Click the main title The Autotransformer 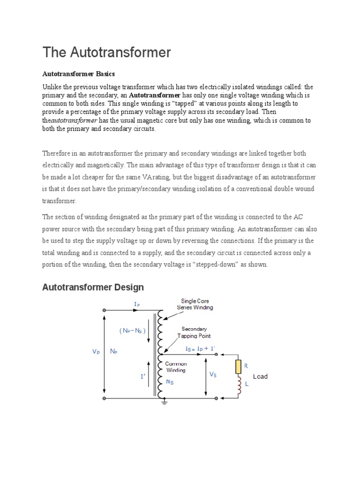(x=107, y=52)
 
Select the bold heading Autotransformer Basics (x=78, y=74)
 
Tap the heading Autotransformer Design (x=93, y=287)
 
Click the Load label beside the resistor (x=260, y=376)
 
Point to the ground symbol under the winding (x=165, y=403)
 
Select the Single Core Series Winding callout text (x=195, y=304)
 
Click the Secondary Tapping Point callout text (x=194, y=332)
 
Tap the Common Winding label (x=176, y=367)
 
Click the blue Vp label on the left (x=96, y=351)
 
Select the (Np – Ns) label (x=133, y=330)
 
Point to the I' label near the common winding (x=142, y=376)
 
